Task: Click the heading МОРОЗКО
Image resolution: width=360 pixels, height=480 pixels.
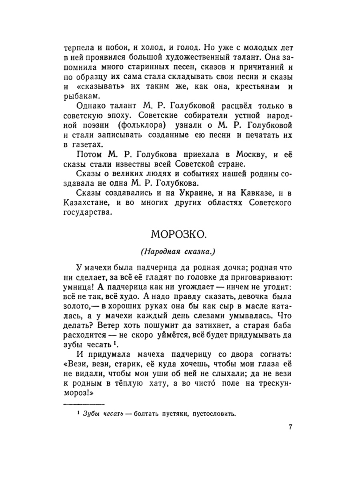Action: coord(180,234)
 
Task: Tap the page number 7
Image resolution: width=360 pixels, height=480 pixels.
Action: coord(290,427)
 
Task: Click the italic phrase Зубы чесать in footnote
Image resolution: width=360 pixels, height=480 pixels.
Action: coord(102,414)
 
